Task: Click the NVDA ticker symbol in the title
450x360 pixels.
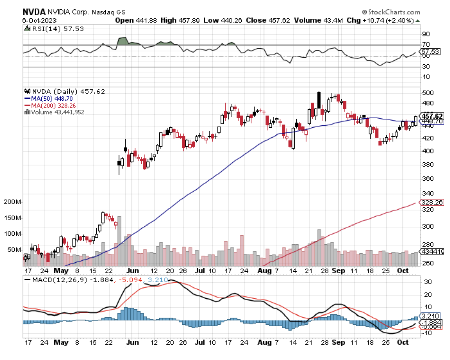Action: tap(34, 12)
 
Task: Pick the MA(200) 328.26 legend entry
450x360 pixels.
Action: tap(53, 106)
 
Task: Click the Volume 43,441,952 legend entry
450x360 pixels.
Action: tap(57, 112)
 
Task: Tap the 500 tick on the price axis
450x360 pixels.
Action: tap(428, 93)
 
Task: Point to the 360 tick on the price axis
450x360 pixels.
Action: tap(428, 179)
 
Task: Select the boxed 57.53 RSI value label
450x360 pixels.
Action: tap(430, 52)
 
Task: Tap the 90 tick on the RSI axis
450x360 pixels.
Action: tap(426, 34)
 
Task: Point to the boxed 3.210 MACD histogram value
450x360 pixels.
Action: tap(431, 316)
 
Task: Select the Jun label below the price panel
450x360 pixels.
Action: tap(132, 271)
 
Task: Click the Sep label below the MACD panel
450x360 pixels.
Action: tap(338, 342)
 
